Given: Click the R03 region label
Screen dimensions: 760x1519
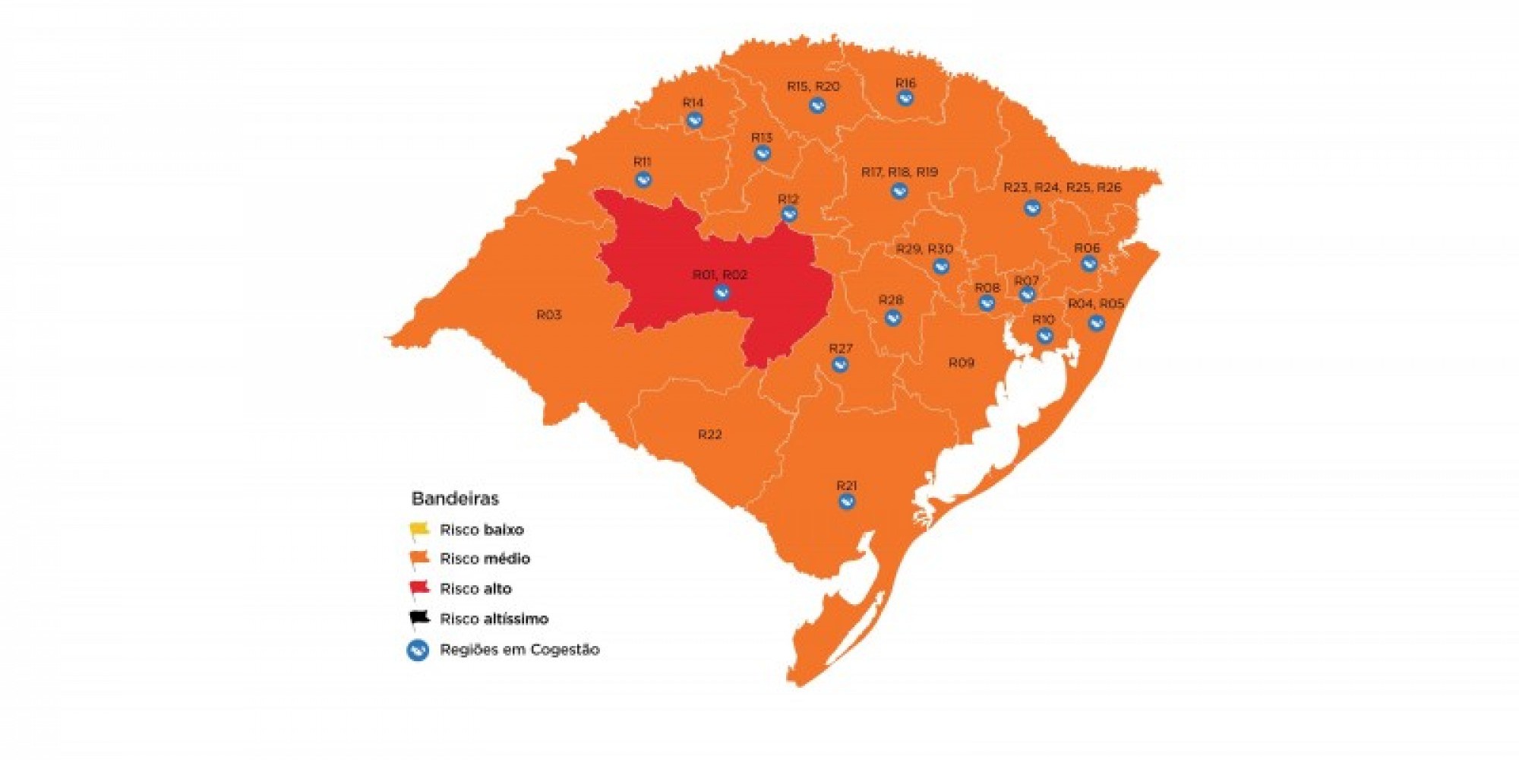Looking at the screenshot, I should point(549,315).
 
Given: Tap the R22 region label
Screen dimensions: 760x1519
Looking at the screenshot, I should point(709,434).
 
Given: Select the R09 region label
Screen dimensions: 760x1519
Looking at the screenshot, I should point(961,363).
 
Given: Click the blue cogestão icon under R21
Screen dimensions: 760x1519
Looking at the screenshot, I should point(847,502).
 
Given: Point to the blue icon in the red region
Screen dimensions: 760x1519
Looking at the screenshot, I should point(722,293).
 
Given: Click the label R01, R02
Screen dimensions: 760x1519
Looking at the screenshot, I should point(719,274).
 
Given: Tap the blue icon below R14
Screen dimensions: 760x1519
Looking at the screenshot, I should point(693,120).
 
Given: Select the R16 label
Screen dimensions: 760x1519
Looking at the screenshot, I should point(905,83).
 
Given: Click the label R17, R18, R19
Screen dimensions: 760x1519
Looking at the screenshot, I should point(899,173).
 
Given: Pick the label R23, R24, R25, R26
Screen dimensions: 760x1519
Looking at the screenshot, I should point(1062,187).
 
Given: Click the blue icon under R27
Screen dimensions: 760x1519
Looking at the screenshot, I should point(840,365).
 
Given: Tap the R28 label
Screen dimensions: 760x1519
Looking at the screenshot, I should point(891,299).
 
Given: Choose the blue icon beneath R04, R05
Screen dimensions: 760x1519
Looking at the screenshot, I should point(1095,323).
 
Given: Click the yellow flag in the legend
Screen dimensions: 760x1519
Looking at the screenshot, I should point(419,529).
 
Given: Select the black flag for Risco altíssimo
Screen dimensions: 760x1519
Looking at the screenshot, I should point(419,618).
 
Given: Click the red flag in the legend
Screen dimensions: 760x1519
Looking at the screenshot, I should point(419,588).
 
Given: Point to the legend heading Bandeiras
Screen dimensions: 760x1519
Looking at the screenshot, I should point(455,499).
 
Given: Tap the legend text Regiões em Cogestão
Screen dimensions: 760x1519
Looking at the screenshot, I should point(519,650).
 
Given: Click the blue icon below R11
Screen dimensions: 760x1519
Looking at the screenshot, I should point(643,180).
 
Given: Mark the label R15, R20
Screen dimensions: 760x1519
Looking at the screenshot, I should point(813,87).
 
